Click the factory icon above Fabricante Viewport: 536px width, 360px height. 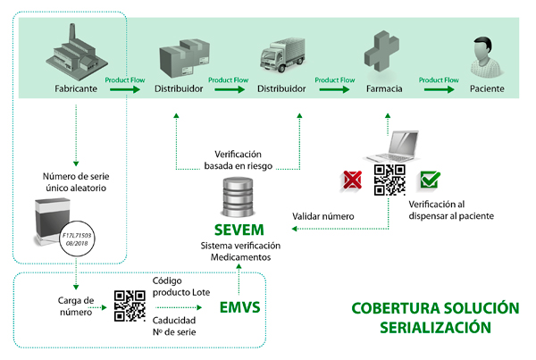pyautogui.click(x=76, y=51)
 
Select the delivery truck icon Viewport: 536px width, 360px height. pyautogui.click(x=281, y=56)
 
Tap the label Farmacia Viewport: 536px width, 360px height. pyautogui.click(x=384, y=89)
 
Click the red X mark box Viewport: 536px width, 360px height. pyautogui.click(x=350, y=180)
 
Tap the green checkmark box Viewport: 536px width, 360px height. pyautogui.click(x=430, y=180)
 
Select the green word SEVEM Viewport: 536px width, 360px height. pyautogui.click(x=239, y=228)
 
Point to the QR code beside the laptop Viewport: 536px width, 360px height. pyautogui.click(x=389, y=180)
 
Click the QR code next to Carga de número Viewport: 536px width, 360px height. pyautogui.click(x=130, y=306)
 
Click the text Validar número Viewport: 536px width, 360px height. pyautogui.click(x=323, y=216)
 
